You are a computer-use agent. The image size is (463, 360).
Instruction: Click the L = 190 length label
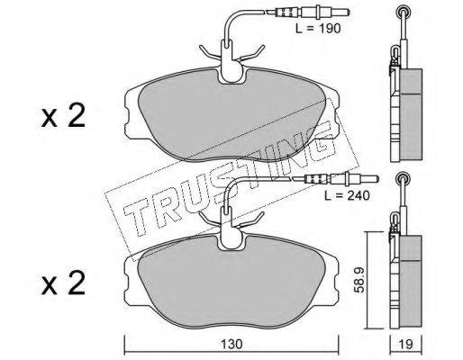pyautogui.click(x=318, y=29)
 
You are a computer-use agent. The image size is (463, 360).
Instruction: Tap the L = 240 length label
pyautogui.click(x=347, y=195)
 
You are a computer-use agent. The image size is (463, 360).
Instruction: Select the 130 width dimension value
pyautogui.click(x=231, y=344)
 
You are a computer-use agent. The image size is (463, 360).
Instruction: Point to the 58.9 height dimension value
pyautogui.click(x=359, y=280)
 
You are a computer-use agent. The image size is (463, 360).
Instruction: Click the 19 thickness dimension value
pyautogui.click(x=406, y=344)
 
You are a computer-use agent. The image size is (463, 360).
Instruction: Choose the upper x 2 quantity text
pyautogui.click(x=63, y=116)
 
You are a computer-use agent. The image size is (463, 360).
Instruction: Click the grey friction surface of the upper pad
pyautogui.click(x=232, y=115)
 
